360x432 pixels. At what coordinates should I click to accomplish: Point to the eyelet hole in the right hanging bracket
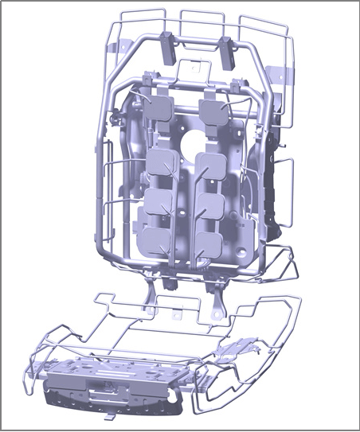click(214, 313)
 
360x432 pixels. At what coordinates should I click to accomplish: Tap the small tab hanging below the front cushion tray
click(108, 417)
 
